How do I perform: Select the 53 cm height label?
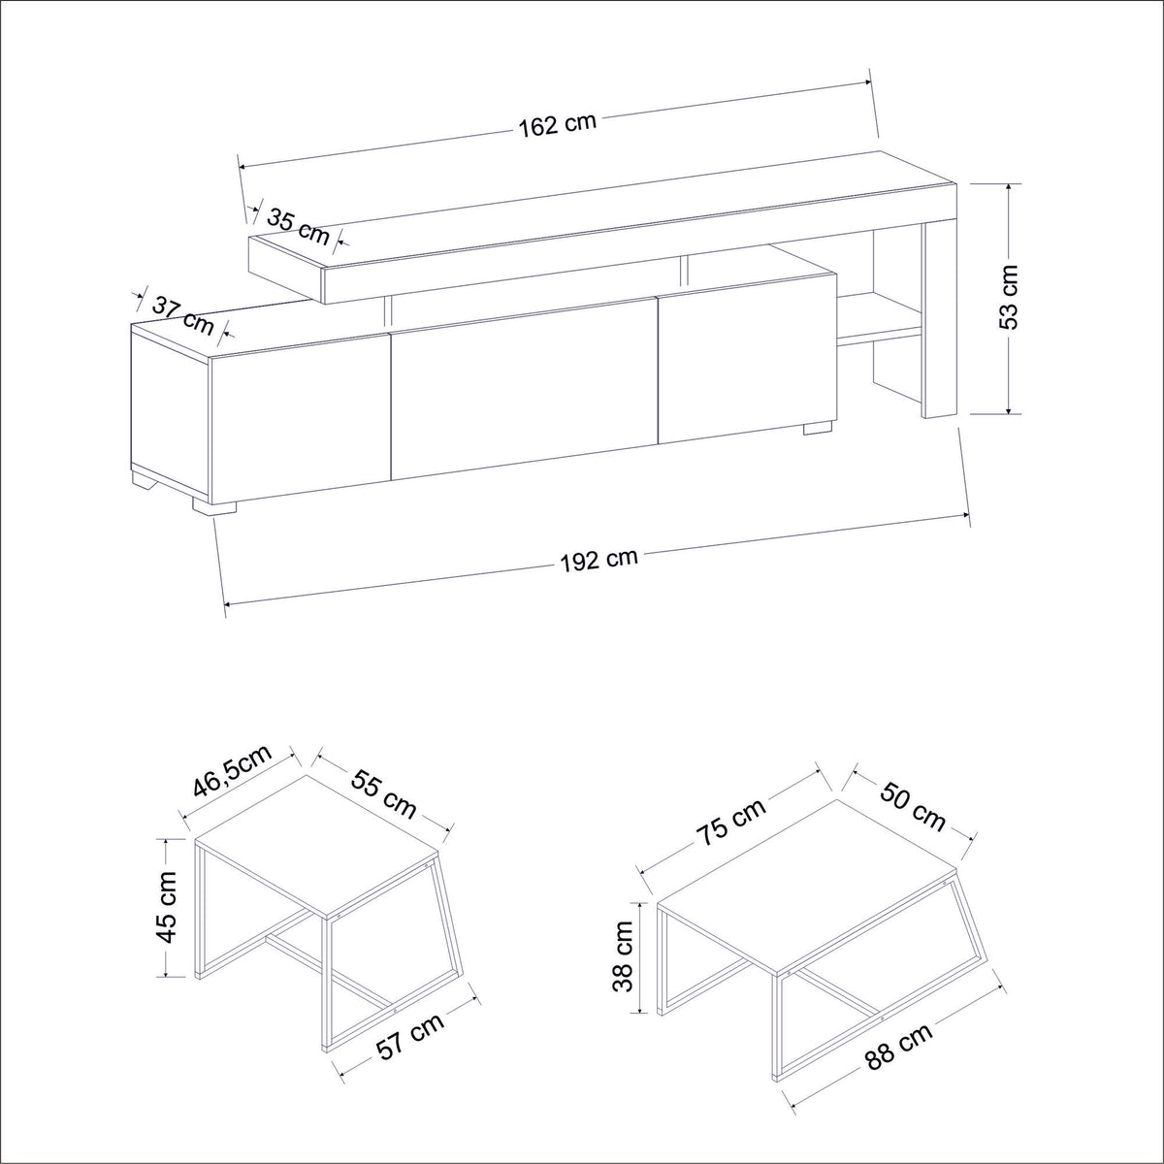1008,297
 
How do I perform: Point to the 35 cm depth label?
299,227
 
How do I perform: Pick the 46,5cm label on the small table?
233,769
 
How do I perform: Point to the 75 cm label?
732,823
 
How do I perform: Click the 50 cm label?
912,806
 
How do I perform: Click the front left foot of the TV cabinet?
213,506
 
